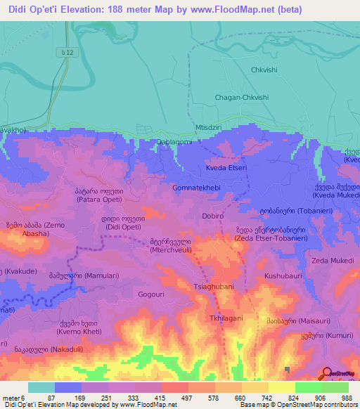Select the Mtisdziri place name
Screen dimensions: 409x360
210,129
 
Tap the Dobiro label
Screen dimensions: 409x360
213,216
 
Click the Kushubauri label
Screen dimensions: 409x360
283,277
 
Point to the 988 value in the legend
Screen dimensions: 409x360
346,398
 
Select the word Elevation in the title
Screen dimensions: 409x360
82,10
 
